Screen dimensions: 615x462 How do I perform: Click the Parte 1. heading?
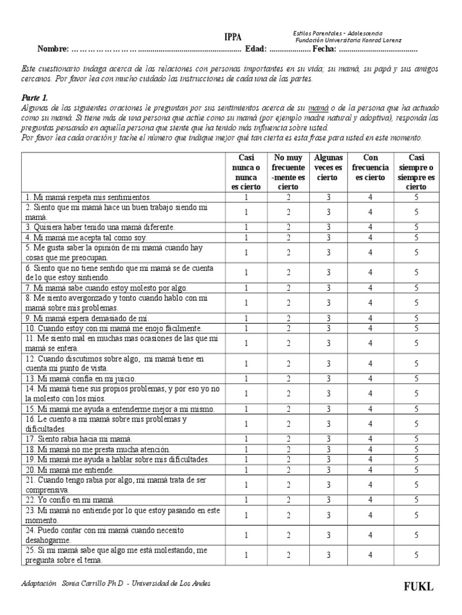(x=34, y=97)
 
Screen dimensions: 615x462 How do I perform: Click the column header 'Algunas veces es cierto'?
(x=328, y=168)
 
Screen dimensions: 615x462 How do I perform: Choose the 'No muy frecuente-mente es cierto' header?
(x=288, y=172)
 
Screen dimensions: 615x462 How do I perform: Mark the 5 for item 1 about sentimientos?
(x=416, y=196)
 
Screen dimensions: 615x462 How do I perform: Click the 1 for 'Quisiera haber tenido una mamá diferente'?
(x=246, y=227)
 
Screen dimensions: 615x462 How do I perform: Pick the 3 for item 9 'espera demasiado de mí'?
(x=328, y=318)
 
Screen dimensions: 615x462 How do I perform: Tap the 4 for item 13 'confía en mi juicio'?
(x=370, y=378)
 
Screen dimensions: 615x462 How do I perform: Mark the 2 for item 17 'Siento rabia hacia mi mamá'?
(x=288, y=439)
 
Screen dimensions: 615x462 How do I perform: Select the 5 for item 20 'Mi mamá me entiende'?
(x=416, y=470)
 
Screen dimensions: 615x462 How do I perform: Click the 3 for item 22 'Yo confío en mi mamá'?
(x=328, y=500)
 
